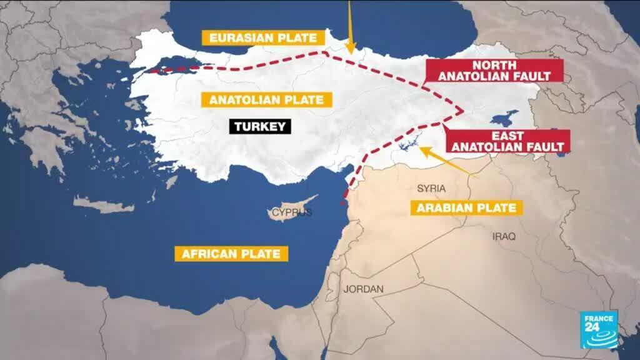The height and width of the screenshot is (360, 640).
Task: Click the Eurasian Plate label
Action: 262,37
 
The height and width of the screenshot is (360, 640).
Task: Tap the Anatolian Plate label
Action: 266,99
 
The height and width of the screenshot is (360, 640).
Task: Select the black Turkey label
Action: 260,126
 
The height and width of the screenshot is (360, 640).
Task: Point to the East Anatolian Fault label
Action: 507,141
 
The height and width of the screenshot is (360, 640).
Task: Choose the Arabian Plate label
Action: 466,208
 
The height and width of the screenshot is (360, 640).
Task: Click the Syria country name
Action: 430,188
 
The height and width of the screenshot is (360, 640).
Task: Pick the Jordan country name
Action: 363,289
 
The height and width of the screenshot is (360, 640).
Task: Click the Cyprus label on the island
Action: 292,213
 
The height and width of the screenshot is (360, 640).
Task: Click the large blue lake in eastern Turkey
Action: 505,117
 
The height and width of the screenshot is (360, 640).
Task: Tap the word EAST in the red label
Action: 507,136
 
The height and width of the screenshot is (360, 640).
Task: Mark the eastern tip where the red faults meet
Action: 462,111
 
